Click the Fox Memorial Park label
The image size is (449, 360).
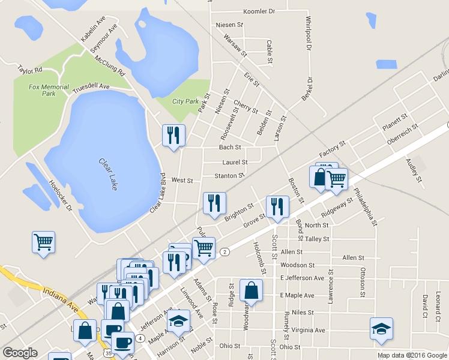coord(41,90)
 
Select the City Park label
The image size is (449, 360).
coord(185,101)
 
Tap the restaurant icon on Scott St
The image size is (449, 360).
coord(277,206)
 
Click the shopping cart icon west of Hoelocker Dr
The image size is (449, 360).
coord(43,242)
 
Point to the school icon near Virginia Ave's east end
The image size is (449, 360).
coord(381,328)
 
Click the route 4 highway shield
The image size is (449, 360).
coord(139,338)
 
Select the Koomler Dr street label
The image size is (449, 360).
coord(259,11)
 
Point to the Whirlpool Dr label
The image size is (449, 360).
coord(308,33)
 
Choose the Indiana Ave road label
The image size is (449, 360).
coord(60,298)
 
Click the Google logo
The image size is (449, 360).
coord(20,353)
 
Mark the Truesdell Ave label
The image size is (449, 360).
coord(91,87)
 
